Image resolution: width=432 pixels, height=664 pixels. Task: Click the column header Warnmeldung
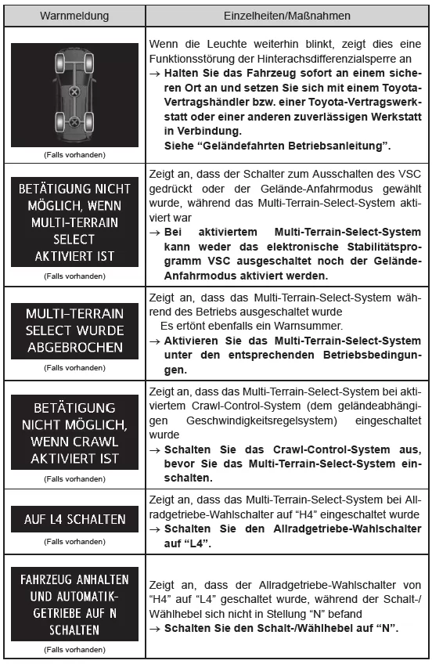point(75,14)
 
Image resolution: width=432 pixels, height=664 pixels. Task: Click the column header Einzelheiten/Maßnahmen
point(285,14)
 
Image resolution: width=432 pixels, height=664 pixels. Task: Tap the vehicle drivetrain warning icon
point(74,95)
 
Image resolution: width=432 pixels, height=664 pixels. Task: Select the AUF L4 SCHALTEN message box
point(74,518)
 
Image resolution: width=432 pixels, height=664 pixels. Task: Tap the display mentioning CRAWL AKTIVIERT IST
point(74,433)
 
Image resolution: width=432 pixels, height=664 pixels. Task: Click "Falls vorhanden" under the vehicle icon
point(74,154)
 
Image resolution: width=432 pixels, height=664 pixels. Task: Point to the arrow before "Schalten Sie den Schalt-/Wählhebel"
point(154,629)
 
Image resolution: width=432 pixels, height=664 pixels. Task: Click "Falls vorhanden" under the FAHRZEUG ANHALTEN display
point(74,649)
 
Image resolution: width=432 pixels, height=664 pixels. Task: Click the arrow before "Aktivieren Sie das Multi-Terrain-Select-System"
point(154,341)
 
